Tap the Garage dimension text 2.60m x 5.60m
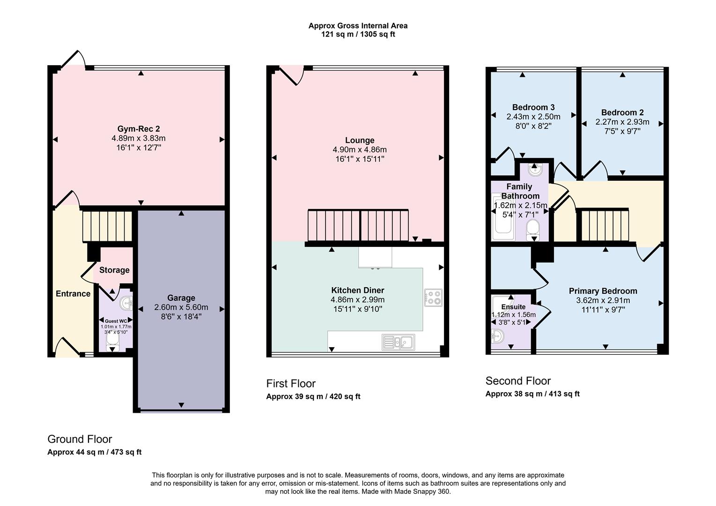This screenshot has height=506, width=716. tap(181, 307)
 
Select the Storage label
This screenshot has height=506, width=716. tap(114, 270)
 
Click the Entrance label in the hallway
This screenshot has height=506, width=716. tap(73, 294)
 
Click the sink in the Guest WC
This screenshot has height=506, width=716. tap(126, 304)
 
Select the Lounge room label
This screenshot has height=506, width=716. tap(360, 140)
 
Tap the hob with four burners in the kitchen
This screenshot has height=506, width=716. tap(433, 298)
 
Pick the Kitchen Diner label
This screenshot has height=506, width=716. tap(358, 290)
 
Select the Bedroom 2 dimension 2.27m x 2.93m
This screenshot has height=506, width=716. tap(622, 122)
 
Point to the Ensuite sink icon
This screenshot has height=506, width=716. tap(497, 336)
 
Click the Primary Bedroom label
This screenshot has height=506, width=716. tap(603, 291)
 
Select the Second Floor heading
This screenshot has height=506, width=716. tap(518, 381)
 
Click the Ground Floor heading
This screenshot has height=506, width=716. tap(80, 439)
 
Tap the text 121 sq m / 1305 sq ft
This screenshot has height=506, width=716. tap(358, 34)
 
